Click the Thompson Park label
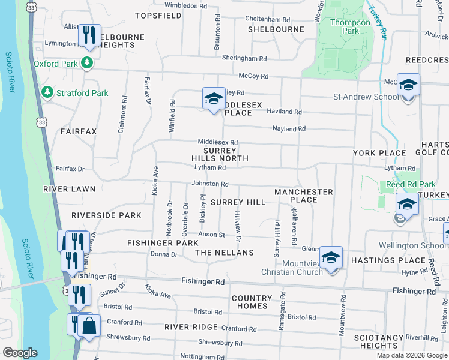click(351, 26)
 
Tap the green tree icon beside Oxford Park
click(88, 62)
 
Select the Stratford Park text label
click(82, 93)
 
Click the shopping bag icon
click(89, 326)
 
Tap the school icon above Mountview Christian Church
click(330, 258)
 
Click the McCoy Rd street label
click(253, 76)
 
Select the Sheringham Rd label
click(244, 59)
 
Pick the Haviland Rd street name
click(285, 112)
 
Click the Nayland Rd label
click(289, 128)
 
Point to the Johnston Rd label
click(209, 184)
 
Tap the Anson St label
click(212, 235)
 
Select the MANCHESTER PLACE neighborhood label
click(303, 196)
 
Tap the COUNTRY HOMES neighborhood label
click(252, 302)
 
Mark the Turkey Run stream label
click(378, 19)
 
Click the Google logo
click(20, 353)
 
